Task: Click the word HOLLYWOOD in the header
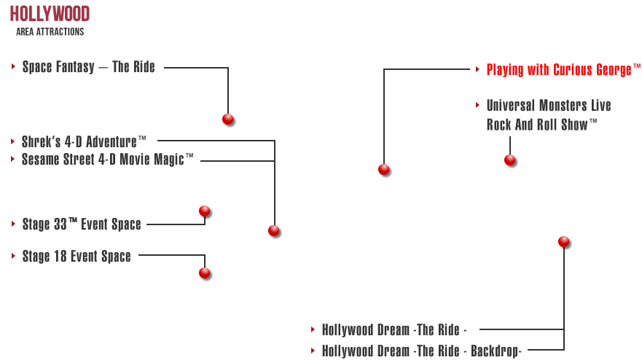(50, 14)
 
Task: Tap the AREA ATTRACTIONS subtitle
(50, 32)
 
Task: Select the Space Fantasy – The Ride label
(88, 68)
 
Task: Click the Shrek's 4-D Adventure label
(84, 141)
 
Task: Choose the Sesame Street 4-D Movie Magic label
(107, 159)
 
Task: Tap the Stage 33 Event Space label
(81, 224)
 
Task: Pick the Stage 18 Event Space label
(76, 257)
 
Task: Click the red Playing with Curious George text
(559, 70)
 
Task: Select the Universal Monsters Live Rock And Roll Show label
(548, 115)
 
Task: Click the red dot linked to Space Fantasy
(227, 119)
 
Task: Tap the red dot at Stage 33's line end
(204, 211)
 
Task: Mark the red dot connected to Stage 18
(204, 273)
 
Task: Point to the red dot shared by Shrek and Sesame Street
(273, 230)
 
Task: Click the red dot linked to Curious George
(383, 169)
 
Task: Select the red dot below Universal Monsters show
(509, 160)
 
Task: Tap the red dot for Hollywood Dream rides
(563, 241)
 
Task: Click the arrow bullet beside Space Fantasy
(13, 67)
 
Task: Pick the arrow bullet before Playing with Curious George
(477, 70)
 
